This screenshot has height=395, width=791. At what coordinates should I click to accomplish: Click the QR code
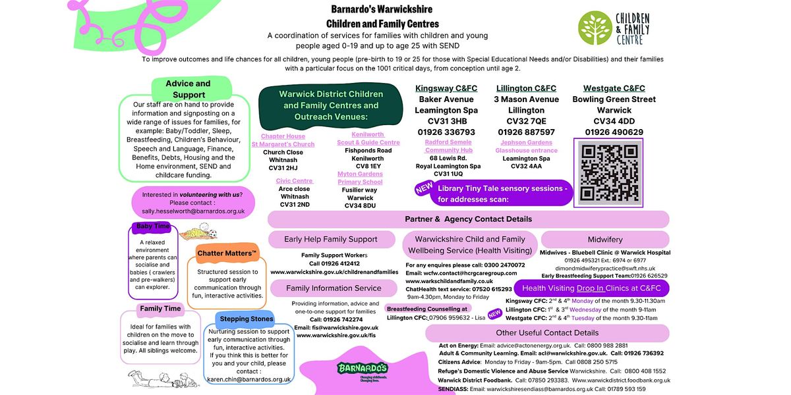point(608,173)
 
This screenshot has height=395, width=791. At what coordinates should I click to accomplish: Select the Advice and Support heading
point(189,89)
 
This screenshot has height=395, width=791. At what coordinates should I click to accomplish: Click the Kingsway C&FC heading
point(446,88)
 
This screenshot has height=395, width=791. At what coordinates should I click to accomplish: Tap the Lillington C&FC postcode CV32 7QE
point(526,121)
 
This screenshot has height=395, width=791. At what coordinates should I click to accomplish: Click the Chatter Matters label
point(226,253)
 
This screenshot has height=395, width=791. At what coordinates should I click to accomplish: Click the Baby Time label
point(153,226)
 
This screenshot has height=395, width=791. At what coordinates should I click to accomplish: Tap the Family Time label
point(160,308)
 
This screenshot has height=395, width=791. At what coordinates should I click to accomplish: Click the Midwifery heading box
point(604,240)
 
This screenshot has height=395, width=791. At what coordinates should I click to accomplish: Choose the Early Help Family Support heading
point(331,240)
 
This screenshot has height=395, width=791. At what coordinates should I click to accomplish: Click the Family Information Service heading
point(334,288)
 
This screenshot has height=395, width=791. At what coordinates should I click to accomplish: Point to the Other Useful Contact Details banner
point(547,333)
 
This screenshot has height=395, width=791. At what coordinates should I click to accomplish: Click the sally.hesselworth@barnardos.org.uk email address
point(189,211)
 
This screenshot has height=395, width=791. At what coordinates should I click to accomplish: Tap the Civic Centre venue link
point(294,180)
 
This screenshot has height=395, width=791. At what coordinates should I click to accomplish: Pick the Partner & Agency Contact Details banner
point(468,219)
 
